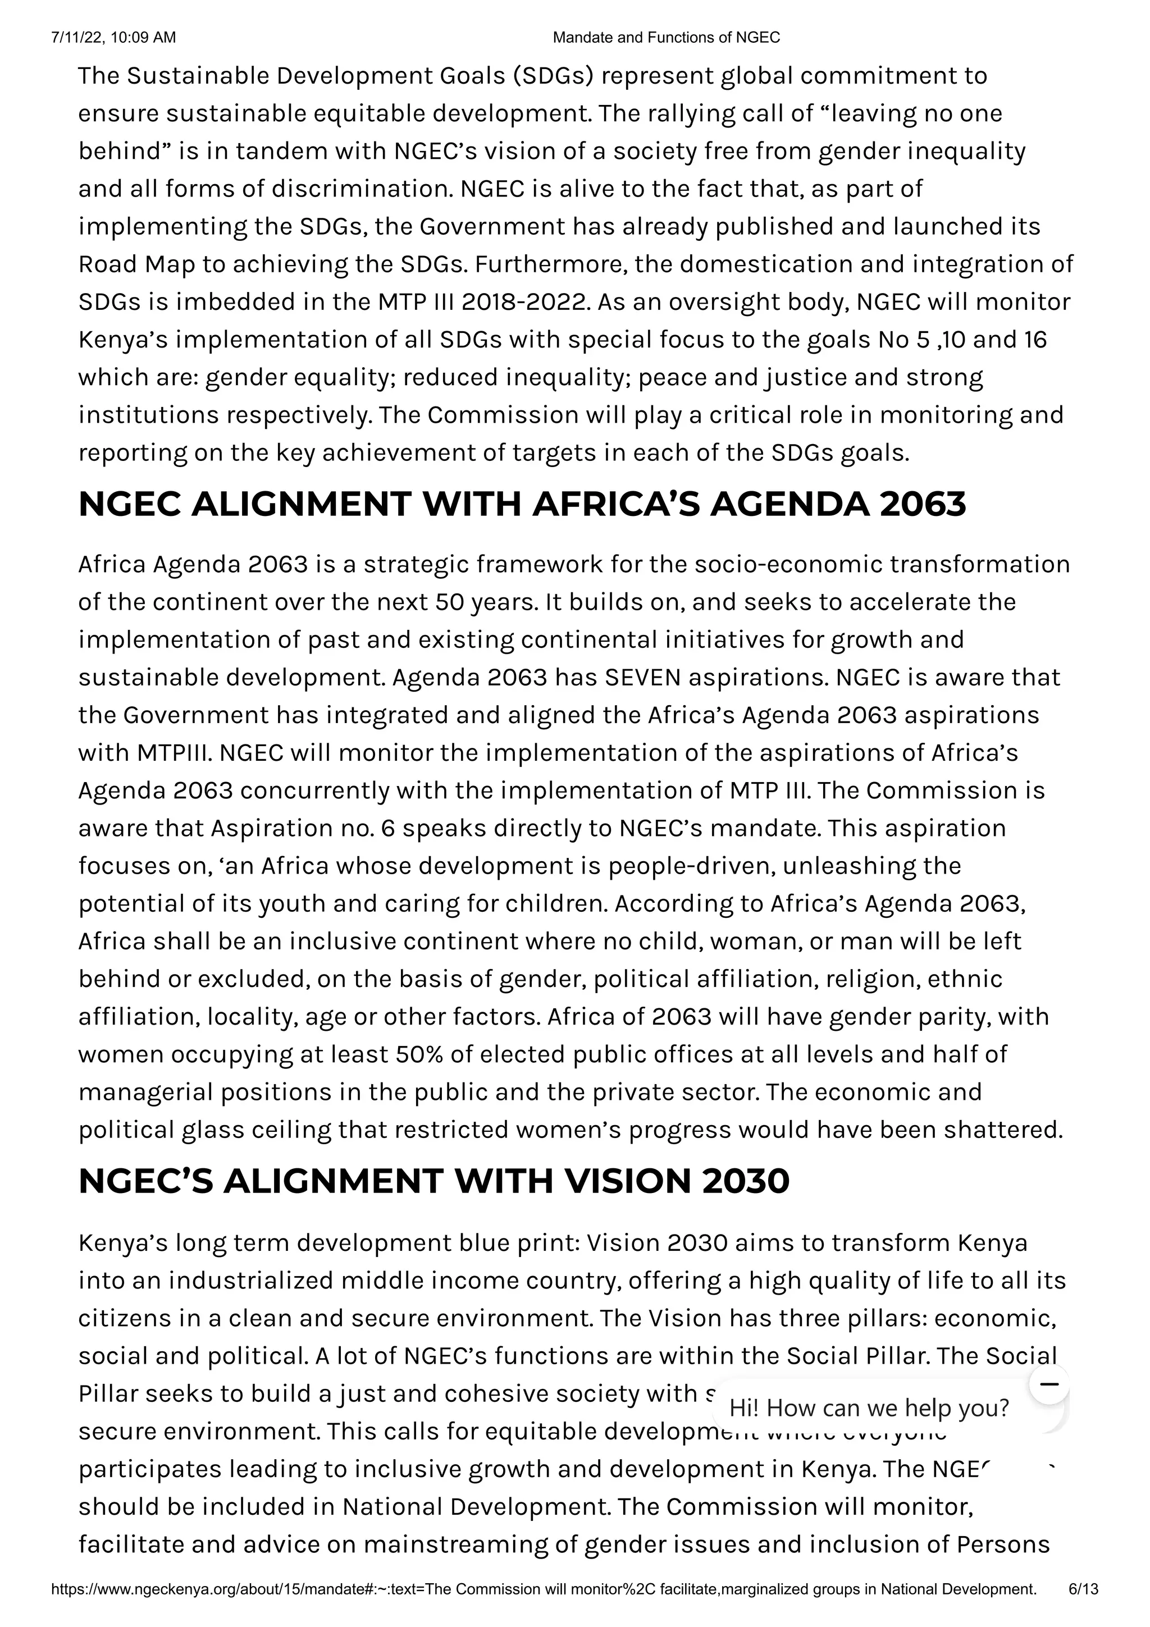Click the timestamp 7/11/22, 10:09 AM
[113, 38]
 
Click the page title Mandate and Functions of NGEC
[665, 38]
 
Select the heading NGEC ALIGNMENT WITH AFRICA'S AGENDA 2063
[522, 505]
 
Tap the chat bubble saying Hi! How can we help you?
[869, 1407]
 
